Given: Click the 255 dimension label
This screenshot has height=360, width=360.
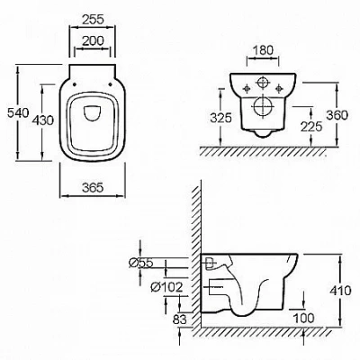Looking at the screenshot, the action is point(93,20).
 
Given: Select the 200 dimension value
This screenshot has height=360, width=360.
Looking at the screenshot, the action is point(93,40).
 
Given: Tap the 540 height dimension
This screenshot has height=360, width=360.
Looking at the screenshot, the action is point(18,113).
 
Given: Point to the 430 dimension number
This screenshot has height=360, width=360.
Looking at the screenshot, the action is point(43,121).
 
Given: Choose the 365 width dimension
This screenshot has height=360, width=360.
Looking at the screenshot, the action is point(93,188).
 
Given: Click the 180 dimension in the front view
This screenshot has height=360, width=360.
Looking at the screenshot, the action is point(263,50).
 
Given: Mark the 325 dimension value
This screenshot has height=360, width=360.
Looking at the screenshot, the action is point(221,118).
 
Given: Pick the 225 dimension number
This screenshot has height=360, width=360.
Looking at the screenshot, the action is point(311,126).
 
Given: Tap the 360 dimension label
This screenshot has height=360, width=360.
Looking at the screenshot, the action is point(337,115).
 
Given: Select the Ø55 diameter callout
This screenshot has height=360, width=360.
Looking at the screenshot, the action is point(141,263).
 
